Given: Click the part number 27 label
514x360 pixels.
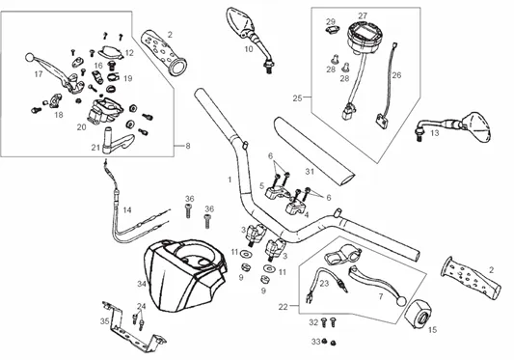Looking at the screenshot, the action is pos(363,15).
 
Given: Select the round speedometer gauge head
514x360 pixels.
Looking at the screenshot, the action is pos(363,37).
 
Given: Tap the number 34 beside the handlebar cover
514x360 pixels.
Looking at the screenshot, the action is pos(142,284).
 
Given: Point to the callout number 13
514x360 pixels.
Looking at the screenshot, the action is pos(434,133).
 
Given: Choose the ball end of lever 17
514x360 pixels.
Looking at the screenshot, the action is pos(30,58).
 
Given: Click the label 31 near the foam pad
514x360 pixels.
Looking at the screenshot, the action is pos(310,171).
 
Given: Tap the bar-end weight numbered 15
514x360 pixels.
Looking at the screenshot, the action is pos(417,314).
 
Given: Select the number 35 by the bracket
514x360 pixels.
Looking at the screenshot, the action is pos(104,321).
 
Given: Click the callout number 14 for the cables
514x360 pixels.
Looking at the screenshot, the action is pos(127,209).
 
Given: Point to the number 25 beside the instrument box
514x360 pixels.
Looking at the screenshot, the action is pos(297,98).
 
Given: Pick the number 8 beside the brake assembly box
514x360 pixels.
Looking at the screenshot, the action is pos(188,146).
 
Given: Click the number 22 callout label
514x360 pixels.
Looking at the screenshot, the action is pos(283,307).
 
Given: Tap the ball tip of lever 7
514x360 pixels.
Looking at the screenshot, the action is pos(401,300).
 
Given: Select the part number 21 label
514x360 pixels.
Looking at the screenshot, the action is pos(95,148).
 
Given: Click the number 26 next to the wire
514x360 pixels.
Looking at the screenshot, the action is pos(396,75).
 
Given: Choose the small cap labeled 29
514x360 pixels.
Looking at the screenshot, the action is pos(331,30).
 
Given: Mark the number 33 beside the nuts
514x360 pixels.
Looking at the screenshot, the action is pos(315,342).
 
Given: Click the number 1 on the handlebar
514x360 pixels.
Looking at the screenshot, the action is pos(230,180).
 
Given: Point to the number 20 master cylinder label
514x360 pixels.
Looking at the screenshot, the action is pos(82,127).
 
